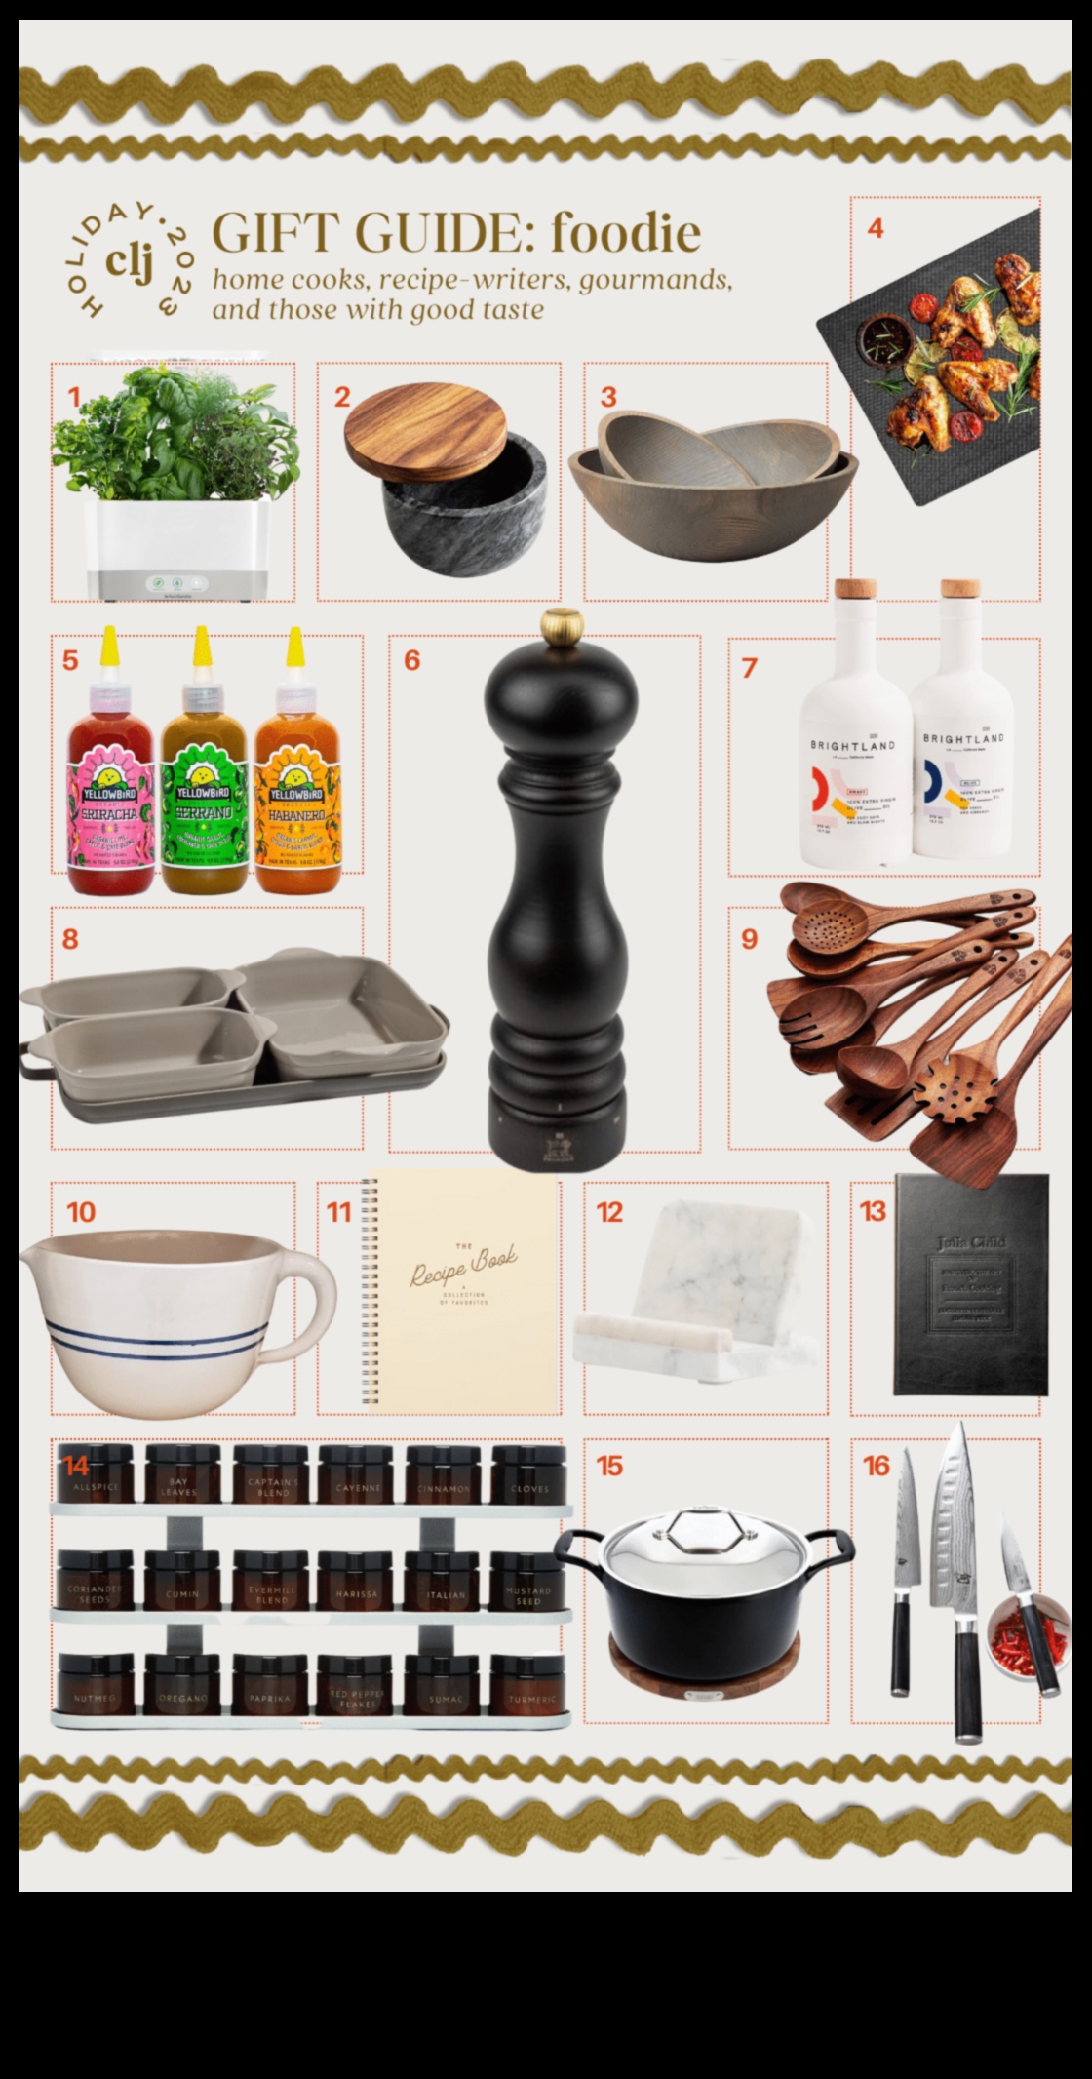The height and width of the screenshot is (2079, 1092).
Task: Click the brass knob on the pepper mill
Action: point(563,625)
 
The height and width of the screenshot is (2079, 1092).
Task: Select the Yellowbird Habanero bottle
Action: point(296,780)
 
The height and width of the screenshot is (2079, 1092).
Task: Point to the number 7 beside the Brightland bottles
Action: point(749,668)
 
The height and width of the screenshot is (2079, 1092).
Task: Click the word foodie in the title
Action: point(625,233)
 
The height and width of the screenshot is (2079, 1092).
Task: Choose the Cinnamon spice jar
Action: point(445,1479)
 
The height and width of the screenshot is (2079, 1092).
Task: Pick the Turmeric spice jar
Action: point(531,1686)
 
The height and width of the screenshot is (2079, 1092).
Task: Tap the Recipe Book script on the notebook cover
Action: point(464,1266)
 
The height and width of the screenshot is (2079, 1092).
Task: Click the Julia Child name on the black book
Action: point(970,1242)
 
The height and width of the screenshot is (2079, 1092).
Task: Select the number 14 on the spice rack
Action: point(77,1467)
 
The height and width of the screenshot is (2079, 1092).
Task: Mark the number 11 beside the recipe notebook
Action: point(338,1212)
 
